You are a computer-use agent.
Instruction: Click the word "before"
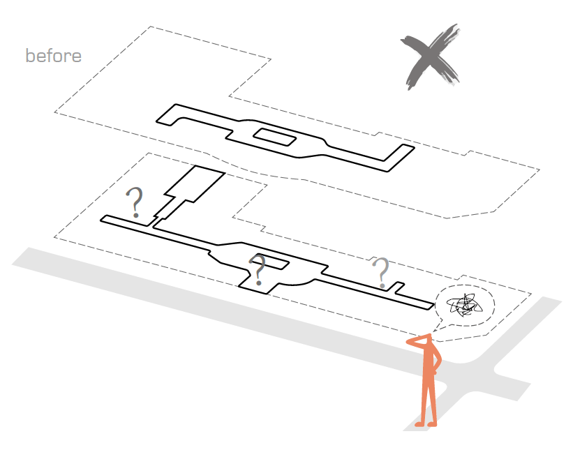point(54,56)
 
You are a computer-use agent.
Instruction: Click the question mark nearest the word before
point(135,202)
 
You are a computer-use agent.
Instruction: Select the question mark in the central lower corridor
point(258,270)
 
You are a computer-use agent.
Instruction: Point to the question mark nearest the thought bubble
point(381,273)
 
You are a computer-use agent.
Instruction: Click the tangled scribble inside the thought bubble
point(465,305)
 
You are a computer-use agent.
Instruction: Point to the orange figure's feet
point(426,423)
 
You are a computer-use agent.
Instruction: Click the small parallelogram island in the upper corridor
point(275,137)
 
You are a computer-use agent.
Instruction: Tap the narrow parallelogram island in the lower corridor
point(271,262)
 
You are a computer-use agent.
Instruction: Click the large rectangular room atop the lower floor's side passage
point(195,183)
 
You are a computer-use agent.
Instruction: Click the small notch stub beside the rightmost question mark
point(397,287)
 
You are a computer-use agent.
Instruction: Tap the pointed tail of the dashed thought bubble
point(433,331)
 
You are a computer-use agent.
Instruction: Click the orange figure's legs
point(429,397)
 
